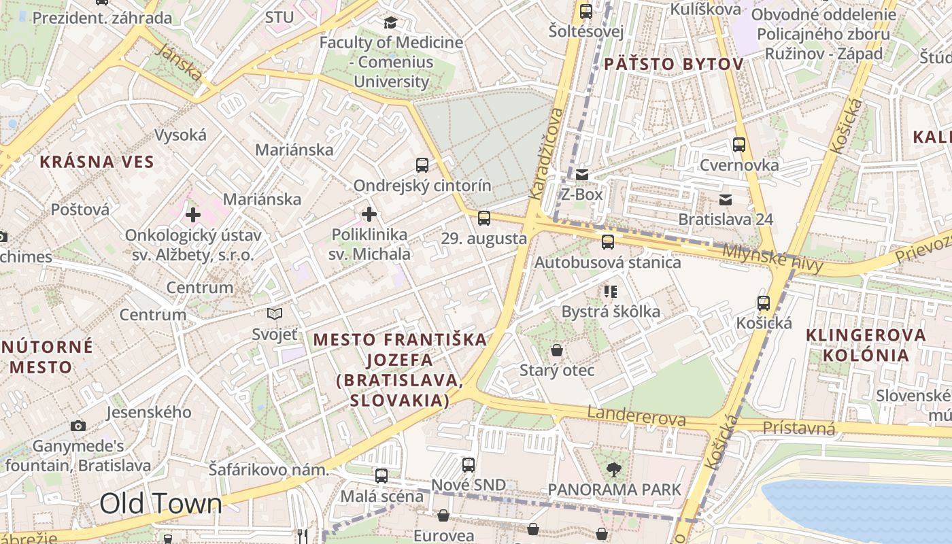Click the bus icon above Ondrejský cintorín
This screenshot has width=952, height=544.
422,165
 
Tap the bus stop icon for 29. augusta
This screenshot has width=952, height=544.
484,218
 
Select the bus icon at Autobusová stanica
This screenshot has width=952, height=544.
608,241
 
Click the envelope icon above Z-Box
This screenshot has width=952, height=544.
582,175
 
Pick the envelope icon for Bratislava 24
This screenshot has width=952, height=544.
726,199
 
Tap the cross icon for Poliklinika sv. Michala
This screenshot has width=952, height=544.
369,215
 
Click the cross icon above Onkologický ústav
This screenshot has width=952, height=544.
193,215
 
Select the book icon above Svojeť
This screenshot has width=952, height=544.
275,313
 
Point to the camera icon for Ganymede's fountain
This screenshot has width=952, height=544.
78,426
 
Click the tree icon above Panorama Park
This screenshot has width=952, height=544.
614,469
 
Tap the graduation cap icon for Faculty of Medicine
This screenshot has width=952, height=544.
391,22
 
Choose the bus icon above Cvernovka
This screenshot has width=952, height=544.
739,144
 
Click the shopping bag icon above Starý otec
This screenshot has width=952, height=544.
557,350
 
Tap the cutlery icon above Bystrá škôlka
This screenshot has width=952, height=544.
611,292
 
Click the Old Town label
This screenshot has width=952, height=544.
160,504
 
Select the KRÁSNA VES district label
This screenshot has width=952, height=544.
97,162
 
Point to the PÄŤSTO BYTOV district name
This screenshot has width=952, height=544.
673,65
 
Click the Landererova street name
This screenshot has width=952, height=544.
636,416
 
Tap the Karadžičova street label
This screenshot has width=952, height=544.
547,153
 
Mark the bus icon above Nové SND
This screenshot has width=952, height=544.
469,465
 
